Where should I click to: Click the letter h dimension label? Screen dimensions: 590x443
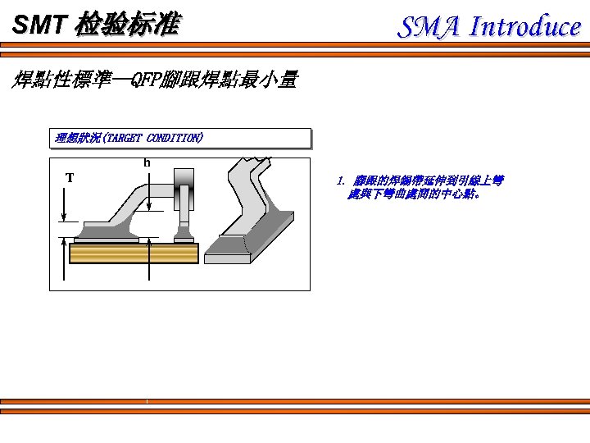coord(147,162)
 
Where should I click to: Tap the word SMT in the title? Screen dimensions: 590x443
coord(38,25)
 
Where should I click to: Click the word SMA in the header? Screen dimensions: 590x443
coord(430,27)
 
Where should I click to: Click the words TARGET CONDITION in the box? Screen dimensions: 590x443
coord(154,138)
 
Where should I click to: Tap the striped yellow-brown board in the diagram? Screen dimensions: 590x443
coord(134,253)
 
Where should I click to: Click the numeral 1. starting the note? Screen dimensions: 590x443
coord(341,180)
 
